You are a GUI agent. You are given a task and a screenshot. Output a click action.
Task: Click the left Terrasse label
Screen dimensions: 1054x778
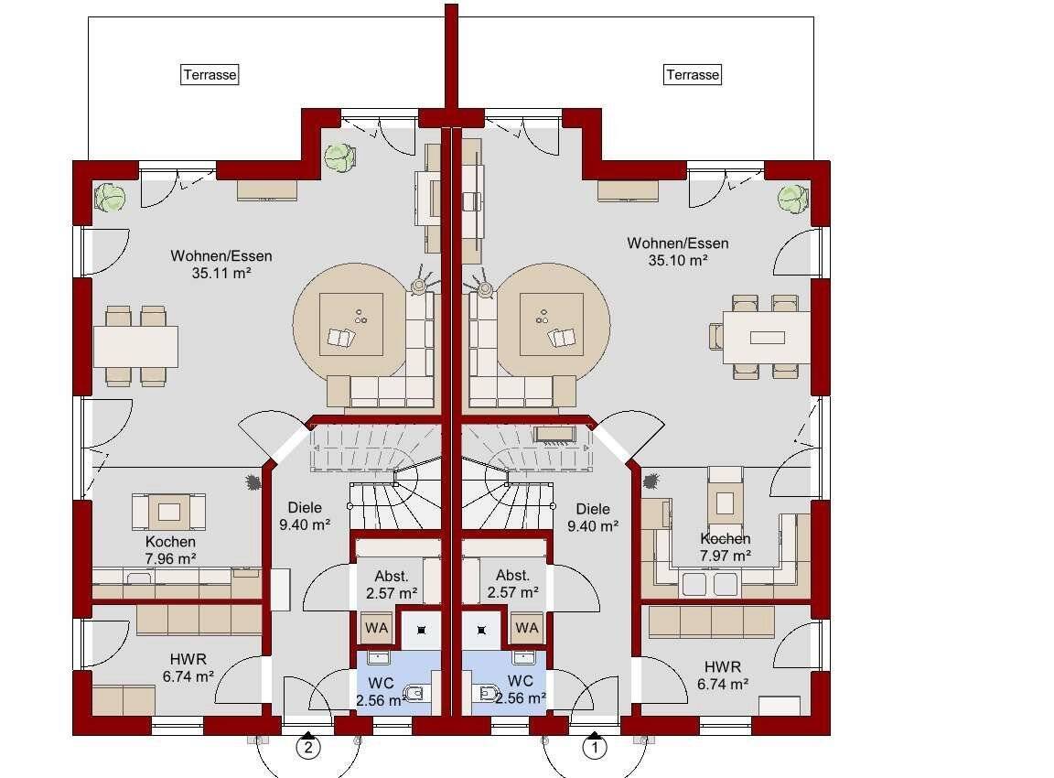(210, 75)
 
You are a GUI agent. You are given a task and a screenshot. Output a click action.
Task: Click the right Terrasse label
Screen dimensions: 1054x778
(693, 75)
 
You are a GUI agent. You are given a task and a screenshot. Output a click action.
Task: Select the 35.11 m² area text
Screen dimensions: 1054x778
(221, 273)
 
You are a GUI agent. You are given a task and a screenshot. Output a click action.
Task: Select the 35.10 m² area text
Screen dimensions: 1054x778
(678, 260)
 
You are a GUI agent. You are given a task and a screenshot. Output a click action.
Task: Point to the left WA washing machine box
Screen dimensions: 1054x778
(376, 628)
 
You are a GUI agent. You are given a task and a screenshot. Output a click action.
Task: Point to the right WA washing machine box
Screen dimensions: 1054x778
(527, 628)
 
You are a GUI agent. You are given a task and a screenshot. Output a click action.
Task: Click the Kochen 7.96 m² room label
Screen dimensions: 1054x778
(170, 550)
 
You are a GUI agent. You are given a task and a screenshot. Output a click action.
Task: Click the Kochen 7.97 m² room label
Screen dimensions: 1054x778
(725, 547)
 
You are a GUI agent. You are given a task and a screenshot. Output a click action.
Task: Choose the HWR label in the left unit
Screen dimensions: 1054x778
(188, 659)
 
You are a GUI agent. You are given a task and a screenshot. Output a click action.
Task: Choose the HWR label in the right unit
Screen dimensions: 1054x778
(723, 667)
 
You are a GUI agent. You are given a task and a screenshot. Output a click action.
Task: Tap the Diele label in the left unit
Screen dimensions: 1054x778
(305, 508)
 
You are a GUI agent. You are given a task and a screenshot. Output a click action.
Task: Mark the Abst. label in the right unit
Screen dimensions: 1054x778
(512, 576)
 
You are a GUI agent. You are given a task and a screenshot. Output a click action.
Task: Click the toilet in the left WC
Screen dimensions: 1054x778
(415, 692)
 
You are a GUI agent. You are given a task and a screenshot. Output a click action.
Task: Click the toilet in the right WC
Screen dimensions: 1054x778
(487, 692)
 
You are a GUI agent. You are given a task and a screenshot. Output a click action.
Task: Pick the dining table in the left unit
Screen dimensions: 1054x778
(135, 346)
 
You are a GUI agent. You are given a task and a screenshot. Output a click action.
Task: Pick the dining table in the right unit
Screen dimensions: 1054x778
(767, 337)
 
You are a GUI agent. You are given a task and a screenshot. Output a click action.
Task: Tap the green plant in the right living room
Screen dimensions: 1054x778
(792, 199)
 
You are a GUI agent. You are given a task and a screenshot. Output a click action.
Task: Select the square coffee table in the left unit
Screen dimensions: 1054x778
(351, 324)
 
